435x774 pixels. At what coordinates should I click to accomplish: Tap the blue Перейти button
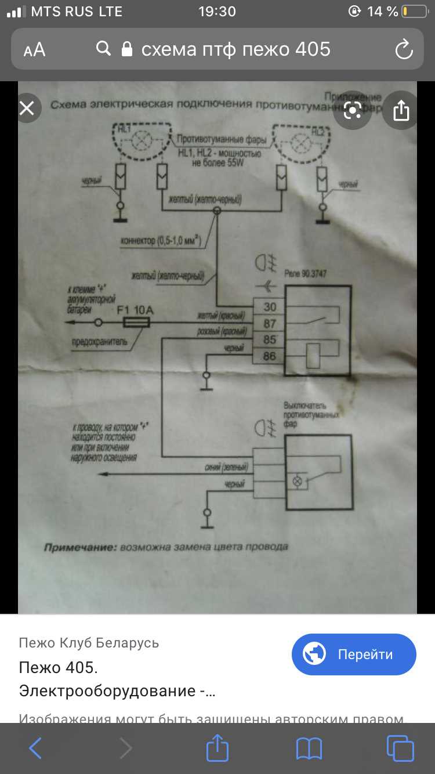[354, 654]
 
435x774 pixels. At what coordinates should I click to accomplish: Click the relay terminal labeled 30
[270, 307]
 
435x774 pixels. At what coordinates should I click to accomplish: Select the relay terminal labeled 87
[270, 323]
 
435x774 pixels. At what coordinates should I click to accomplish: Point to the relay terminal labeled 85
[270, 339]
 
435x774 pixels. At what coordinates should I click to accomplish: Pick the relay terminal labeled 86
[270, 356]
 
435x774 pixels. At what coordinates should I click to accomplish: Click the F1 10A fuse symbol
[137, 323]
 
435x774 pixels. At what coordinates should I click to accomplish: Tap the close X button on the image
[27, 108]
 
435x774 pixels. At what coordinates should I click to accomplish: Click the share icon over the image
[401, 110]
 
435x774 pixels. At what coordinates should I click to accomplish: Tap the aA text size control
[35, 50]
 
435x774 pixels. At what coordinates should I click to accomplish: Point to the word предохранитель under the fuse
[99, 342]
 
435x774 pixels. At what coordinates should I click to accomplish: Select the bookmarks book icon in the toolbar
[309, 748]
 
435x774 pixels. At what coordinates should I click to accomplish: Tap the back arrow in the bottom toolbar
[35, 748]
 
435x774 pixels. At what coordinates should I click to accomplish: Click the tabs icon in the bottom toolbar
[400, 748]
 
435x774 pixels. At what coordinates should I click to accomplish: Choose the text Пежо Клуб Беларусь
[89, 643]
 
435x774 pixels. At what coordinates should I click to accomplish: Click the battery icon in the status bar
[413, 12]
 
